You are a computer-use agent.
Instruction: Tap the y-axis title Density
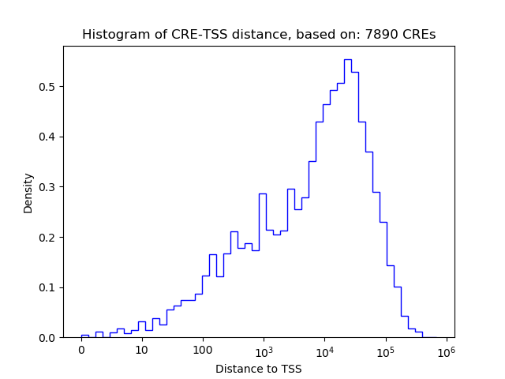(28, 193)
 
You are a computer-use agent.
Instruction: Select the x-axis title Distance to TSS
(259, 369)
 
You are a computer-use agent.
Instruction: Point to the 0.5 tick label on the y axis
(47, 86)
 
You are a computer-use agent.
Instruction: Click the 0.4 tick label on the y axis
(47, 137)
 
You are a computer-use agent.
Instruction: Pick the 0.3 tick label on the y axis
(47, 187)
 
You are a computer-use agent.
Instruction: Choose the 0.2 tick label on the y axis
(47, 237)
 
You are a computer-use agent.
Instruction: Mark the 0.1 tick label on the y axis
(47, 287)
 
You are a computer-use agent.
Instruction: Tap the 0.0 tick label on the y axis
(47, 338)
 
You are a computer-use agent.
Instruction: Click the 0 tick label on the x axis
(81, 350)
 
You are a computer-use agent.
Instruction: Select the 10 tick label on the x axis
(142, 350)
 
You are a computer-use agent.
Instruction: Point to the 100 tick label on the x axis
(203, 350)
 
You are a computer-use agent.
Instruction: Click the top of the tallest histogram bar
(347, 59)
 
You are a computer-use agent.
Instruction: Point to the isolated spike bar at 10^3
(262, 194)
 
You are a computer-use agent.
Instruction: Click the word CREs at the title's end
(420, 35)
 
